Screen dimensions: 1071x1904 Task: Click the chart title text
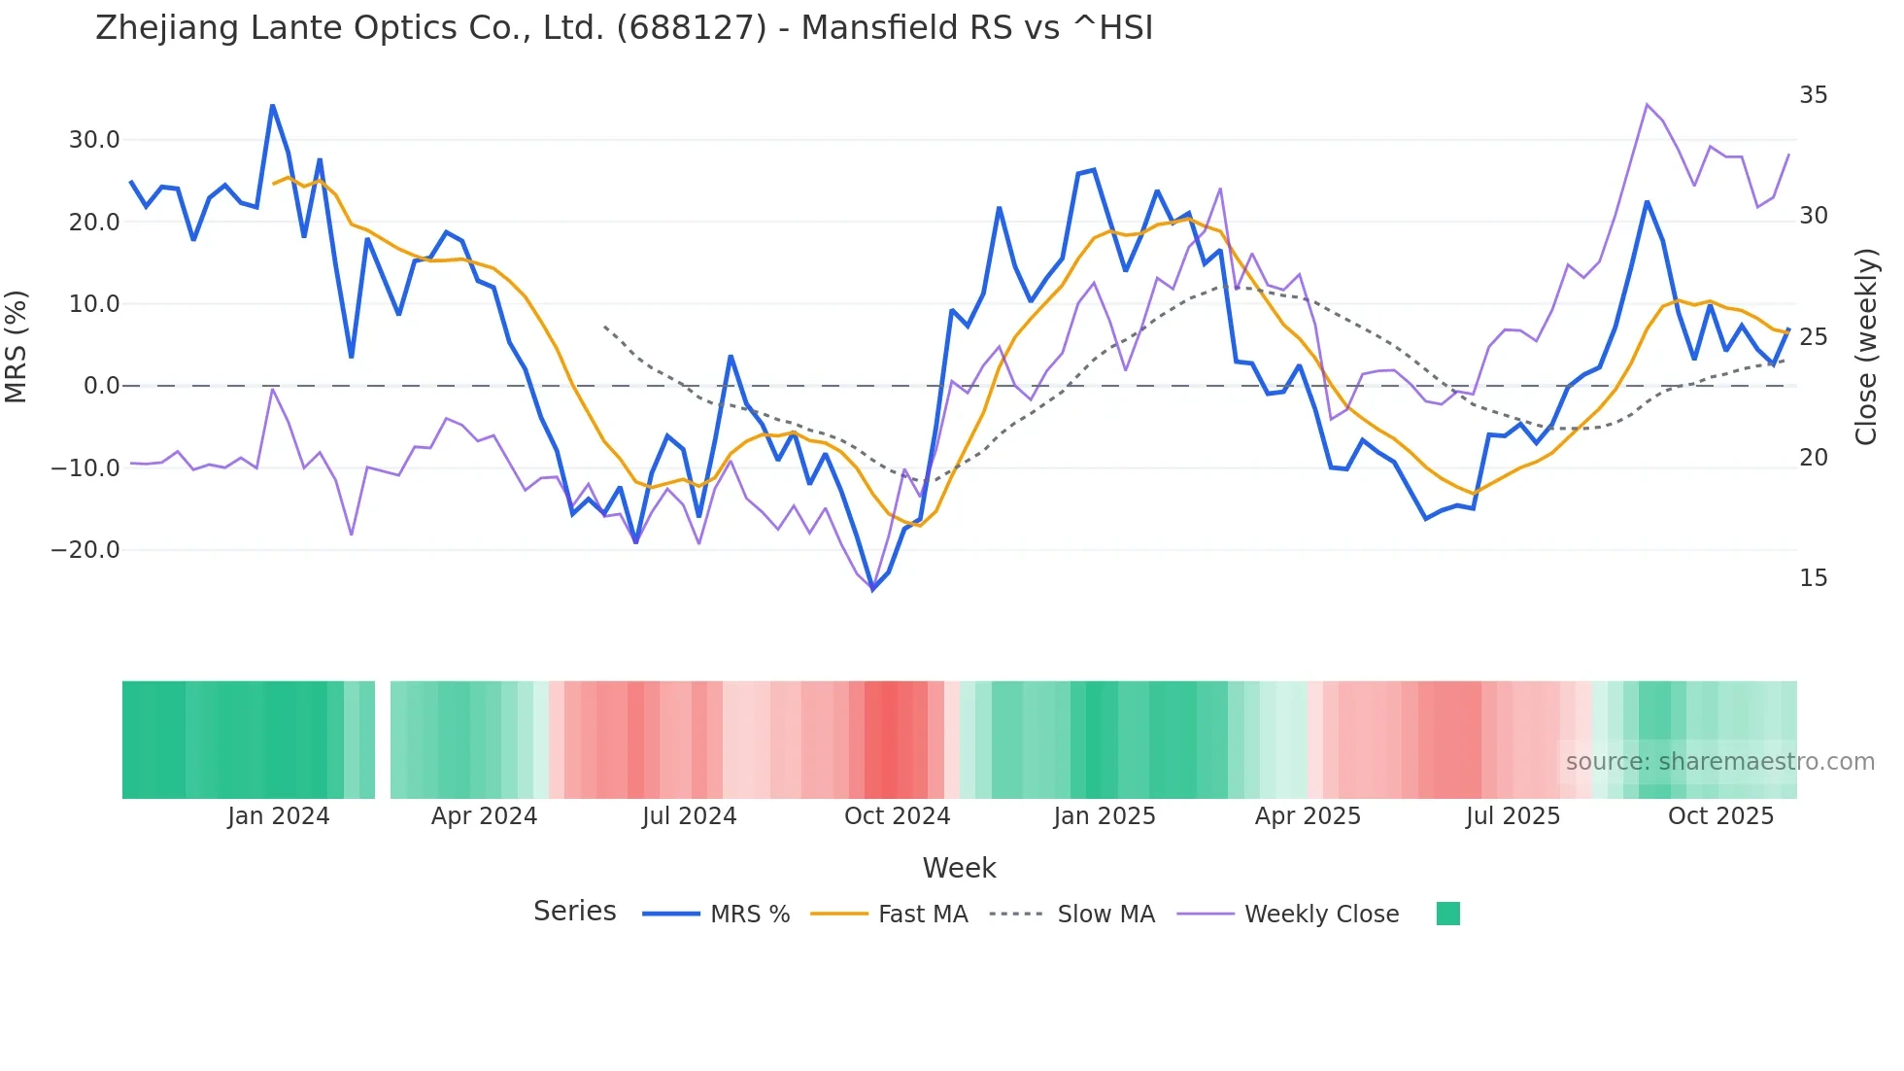click(x=624, y=28)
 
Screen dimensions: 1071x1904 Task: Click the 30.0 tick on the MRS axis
click(x=94, y=140)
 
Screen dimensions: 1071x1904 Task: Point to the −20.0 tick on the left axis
click(x=85, y=550)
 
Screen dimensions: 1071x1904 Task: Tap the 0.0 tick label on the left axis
click(x=101, y=386)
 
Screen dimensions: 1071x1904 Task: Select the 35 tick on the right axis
click(x=1813, y=95)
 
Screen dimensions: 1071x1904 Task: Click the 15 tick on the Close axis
click(x=1813, y=578)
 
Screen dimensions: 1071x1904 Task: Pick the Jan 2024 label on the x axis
click(x=279, y=816)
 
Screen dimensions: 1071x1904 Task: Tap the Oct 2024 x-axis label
click(x=897, y=816)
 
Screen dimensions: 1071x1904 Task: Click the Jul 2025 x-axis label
click(x=1513, y=816)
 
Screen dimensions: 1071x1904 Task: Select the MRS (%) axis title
click(x=17, y=346)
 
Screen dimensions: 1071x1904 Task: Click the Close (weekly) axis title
click(x=1866, y=346)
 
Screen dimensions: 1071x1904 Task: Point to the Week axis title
click(x=959, y=868)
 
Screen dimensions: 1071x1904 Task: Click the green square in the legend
click(x=1447, y=914)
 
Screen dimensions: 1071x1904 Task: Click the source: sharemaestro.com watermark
click(x=1719, y=762)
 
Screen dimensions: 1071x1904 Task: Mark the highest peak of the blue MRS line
click(x=273, y=105)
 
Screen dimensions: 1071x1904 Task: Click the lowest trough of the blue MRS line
click(x=872, y=589)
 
